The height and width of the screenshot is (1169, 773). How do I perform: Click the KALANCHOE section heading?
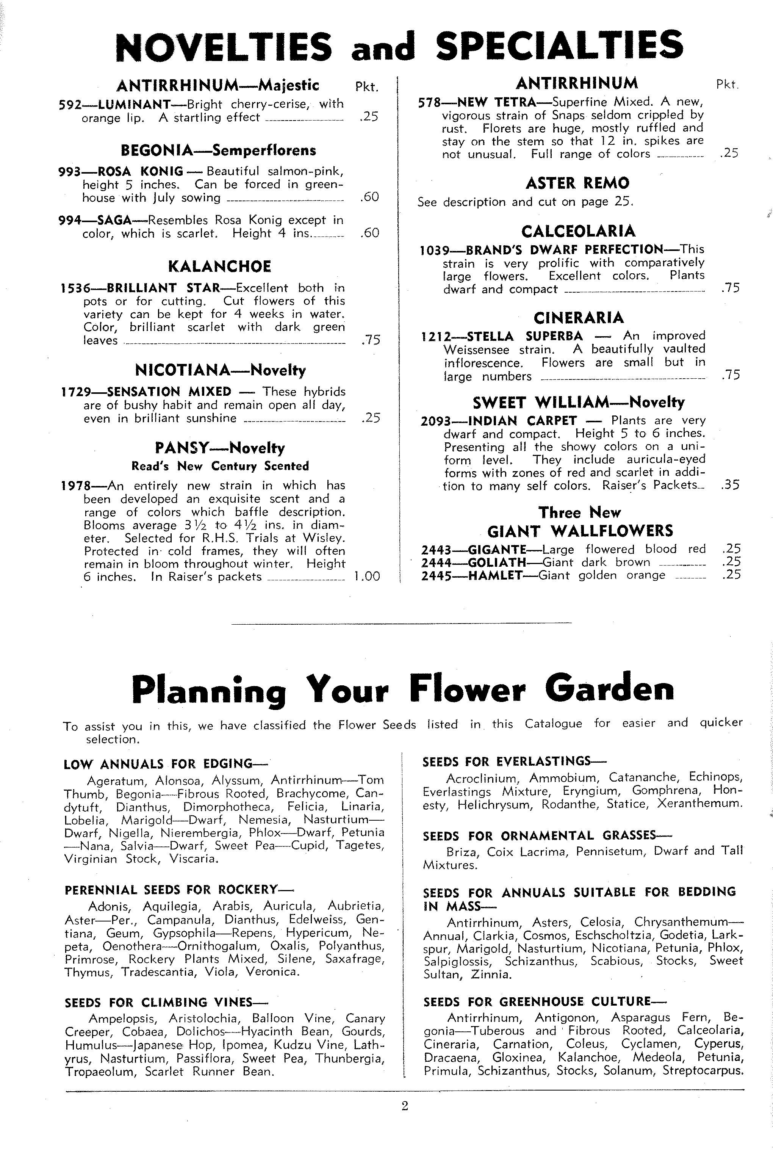(x=219, y=267)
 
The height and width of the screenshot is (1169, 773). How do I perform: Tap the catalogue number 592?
(x=69, y=105)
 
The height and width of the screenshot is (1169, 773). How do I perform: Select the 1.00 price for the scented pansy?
(x=367, y=577)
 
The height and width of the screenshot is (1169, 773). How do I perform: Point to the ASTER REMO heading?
(x=577, y=183)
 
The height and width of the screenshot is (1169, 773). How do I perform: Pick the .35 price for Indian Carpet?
(x=730, y=485)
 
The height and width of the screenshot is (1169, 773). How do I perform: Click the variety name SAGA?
(x=114, y=220)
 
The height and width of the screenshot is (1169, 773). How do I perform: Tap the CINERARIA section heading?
(x=578, y=318)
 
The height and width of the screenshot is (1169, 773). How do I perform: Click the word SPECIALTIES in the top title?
(x=560, y=46)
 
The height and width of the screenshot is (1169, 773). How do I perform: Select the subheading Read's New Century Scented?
(x=220, y=466)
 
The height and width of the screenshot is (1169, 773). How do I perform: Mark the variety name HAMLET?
(x=494, y=575)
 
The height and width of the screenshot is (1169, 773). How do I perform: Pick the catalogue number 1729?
(x=77, y=392)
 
